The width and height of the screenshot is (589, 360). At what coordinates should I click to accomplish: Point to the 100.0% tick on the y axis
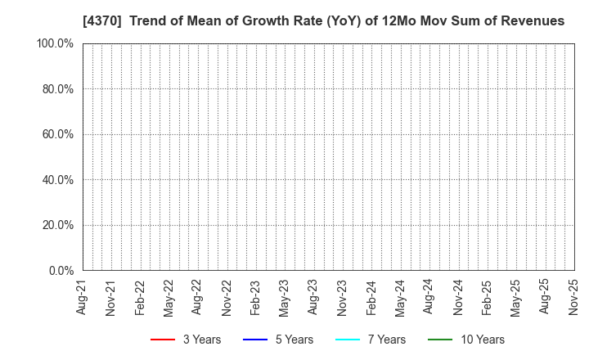(x=55, y=43)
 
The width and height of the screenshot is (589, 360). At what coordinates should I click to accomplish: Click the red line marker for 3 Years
(x=164, y=340)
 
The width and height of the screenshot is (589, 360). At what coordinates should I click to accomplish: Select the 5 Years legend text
(x=292, y=340)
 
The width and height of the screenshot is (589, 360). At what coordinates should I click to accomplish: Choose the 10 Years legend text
(x=483, y=340)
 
